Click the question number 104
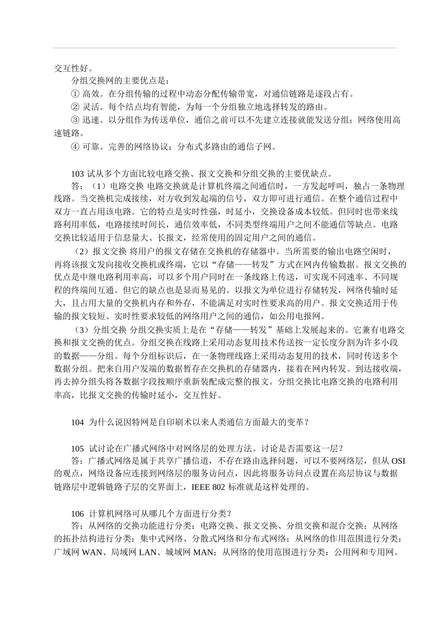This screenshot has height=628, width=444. tap(77, 423)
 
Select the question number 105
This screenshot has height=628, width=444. tap(77, 448)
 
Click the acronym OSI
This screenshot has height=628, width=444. tap(398, 461)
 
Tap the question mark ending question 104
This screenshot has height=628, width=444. tap(306, 423)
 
